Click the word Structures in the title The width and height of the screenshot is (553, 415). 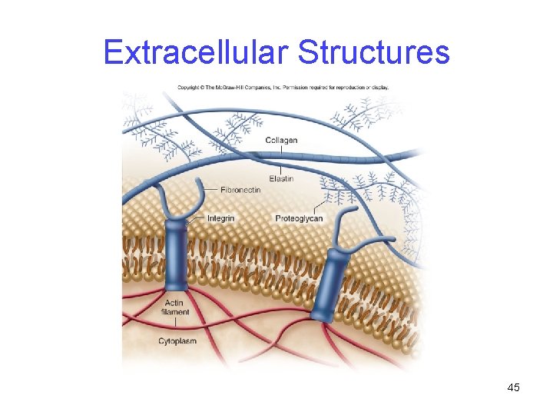coord(373,53)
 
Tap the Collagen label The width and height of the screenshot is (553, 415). coord(281,140)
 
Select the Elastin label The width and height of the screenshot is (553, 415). coord(281,179)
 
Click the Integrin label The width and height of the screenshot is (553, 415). coord(220,218)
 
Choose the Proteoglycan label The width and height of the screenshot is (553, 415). coord(299,218)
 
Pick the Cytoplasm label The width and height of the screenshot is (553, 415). coord(177,340)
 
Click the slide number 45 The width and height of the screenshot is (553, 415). coord(513,387)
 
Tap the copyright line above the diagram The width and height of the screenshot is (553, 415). coord(283,87)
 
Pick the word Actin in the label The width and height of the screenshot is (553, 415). coord(174,303)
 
